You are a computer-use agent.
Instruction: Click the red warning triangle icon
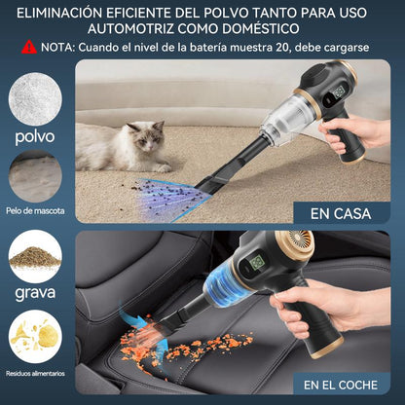[30, 46]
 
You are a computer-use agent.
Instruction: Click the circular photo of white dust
[35, 97]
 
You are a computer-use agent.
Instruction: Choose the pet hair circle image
[36, 176]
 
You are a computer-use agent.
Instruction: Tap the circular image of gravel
[35, 256]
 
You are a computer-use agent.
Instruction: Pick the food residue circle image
[35, 336]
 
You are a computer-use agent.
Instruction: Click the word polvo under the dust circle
[35, 136]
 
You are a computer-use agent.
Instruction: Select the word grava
[35, 291]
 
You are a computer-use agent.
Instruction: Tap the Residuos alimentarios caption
[35, 372]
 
